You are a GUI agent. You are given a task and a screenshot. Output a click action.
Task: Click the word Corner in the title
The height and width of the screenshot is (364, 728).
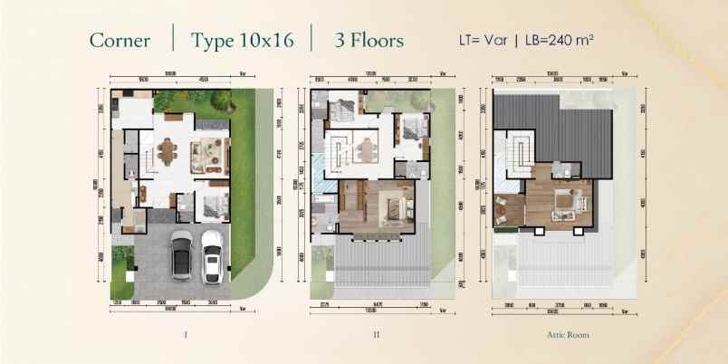tap(120, 41)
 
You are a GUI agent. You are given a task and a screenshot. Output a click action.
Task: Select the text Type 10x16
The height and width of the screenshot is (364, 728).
tap(241, 41)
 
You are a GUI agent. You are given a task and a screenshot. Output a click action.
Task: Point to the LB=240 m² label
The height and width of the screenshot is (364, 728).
tap(554, 41)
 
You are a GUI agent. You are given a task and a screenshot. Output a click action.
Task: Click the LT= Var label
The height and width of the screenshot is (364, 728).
tap(480, 41)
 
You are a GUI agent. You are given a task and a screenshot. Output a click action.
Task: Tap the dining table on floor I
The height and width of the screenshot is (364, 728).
tap(168, 152)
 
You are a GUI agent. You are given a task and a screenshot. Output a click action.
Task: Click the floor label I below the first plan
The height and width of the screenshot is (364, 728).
tap(185, 336)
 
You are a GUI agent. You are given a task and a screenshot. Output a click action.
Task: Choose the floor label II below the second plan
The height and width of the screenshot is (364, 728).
tap(375, 336)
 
